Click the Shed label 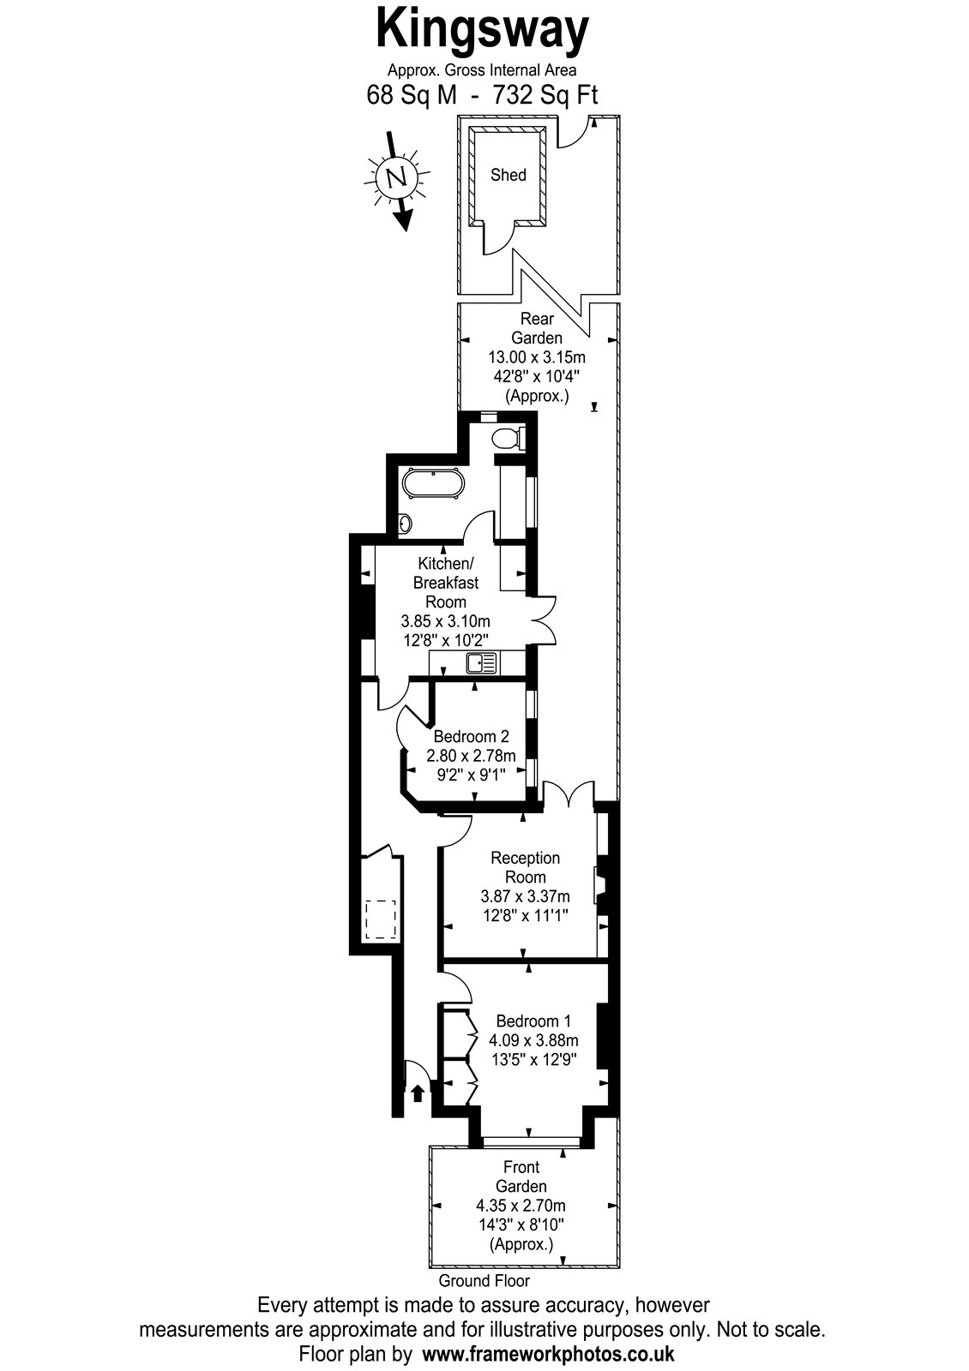click(509, 175)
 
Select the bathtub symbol click(433, 485)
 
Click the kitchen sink click(483, 663)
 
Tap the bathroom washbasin click(405, 524)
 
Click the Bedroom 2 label click(471, 736)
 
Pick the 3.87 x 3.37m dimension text click(525, 896)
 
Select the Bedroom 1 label click(533, 1021)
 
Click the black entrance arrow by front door click(417, 1093)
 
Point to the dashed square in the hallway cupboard click(381, 919)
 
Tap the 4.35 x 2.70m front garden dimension click(521, 1206)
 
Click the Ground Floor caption click(484, 1280)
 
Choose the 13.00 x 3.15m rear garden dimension click(537, 356)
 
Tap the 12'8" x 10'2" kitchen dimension click(445, 641)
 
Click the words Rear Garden click(537, 328)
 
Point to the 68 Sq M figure click(412, 95)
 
